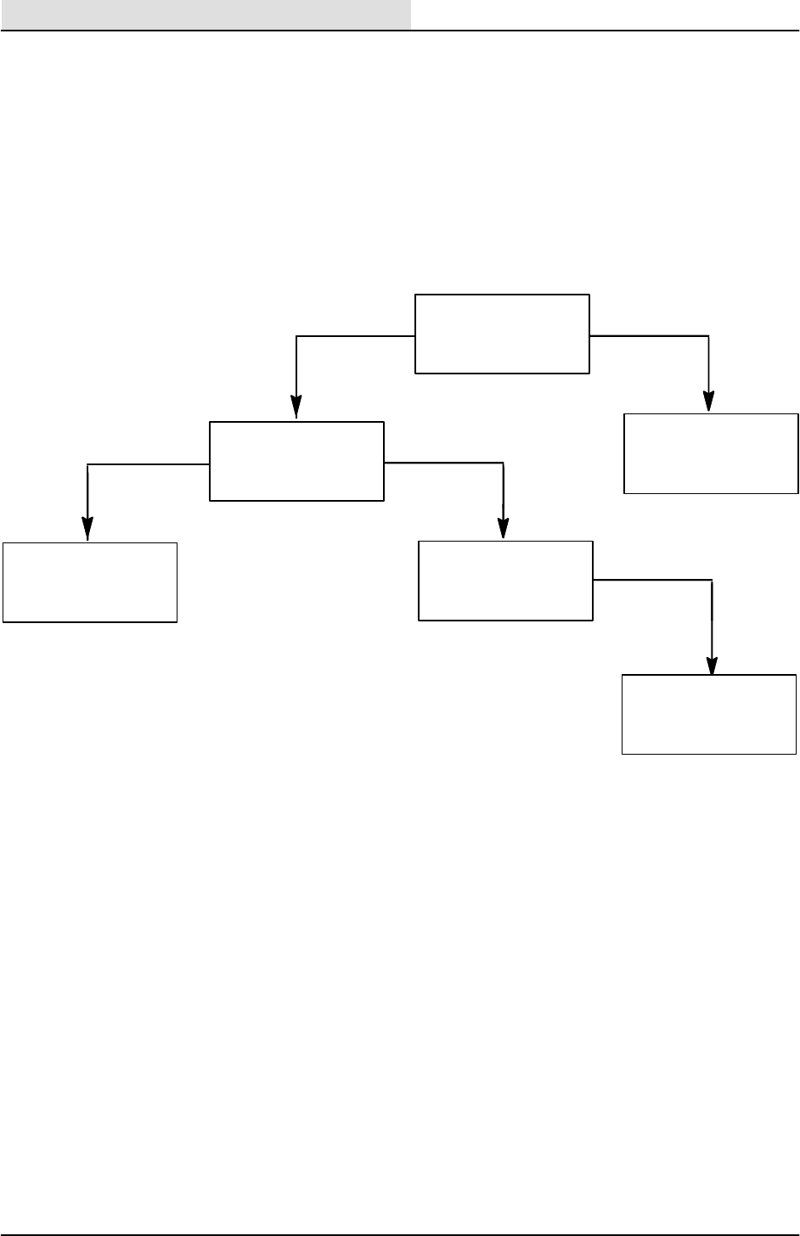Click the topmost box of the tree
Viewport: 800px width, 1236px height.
pos(501,334)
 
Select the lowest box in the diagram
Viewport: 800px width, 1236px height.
pos(710,714)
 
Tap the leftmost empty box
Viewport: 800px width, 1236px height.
pos(89,582)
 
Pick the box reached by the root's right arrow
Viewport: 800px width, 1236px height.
pos(711,453)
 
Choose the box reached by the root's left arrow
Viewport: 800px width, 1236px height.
pos(296,461)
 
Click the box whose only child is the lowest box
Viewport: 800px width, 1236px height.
pos(506,581)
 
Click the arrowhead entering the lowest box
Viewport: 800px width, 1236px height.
pos(713,665)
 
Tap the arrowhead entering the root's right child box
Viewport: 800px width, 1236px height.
pos(709,402)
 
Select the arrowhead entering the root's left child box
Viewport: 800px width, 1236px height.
pos(296,410)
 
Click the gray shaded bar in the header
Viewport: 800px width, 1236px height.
pos(206,14)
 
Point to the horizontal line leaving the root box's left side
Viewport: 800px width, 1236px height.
pos(357,336)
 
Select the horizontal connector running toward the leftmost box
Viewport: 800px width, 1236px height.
pos(149,464)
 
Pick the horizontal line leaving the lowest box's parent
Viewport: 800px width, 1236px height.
pos(652,581)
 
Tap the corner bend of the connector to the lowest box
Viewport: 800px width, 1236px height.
pos(712,581)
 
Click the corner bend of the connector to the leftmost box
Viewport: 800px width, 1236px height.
pos(87,464)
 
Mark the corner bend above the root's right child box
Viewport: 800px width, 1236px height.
pos(708,336)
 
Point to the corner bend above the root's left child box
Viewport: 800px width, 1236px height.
pos(296,337)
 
